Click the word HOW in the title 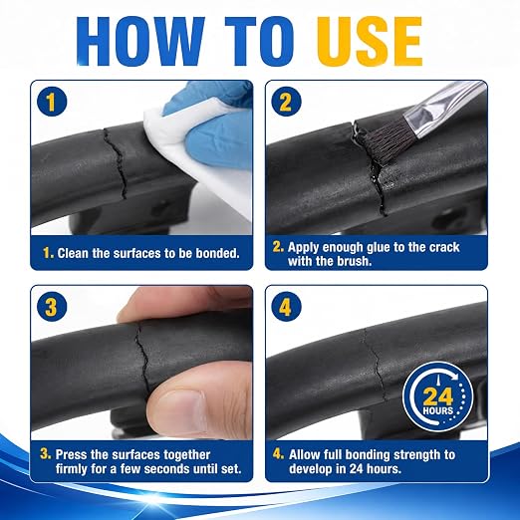pos(140,41)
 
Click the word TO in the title pos(259,41)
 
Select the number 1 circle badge pos(52,102)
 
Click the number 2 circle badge pos(286,102)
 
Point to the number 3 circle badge pos(52,306)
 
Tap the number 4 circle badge pos(286,306)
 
